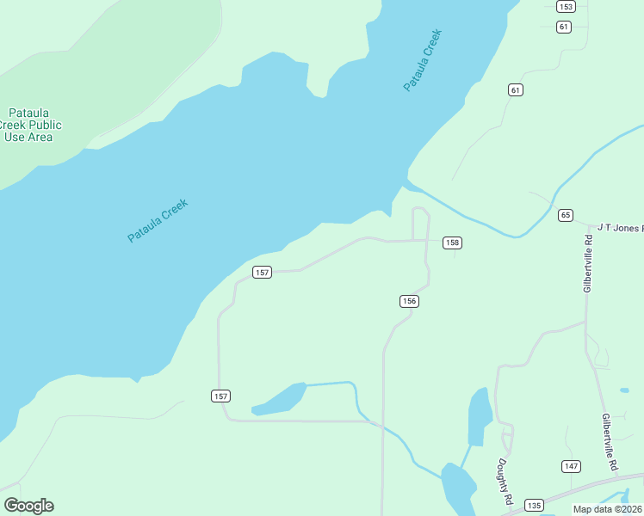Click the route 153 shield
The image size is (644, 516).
[x=565, y=7]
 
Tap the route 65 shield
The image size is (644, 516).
[x=565, y=214]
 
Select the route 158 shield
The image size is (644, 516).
[x=452, y=243]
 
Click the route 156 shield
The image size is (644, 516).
[x=409, y=301]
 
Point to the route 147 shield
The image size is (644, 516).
[x=571, y=466]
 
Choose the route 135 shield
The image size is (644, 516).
[x=534, y=505]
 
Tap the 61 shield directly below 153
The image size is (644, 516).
[x=564, y=27]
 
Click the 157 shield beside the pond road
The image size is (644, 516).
[x=220, y=396]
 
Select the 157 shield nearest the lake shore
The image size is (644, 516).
[x=263, y=273]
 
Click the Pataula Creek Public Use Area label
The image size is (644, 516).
[x=28, y=126]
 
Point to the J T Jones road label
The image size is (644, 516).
[x=620, y=227]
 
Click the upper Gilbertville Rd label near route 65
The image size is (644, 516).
[x=588, y=263]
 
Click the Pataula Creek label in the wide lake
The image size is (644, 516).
[x=157, y=220]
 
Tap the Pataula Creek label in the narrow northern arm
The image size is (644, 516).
[x=423, y=60]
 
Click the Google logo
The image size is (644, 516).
[x=28, y=506]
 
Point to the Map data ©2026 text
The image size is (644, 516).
[x=607, y=509]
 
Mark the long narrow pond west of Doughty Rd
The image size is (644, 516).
[x=479, y=417]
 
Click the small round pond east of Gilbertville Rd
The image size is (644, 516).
[x=624, y=390]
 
